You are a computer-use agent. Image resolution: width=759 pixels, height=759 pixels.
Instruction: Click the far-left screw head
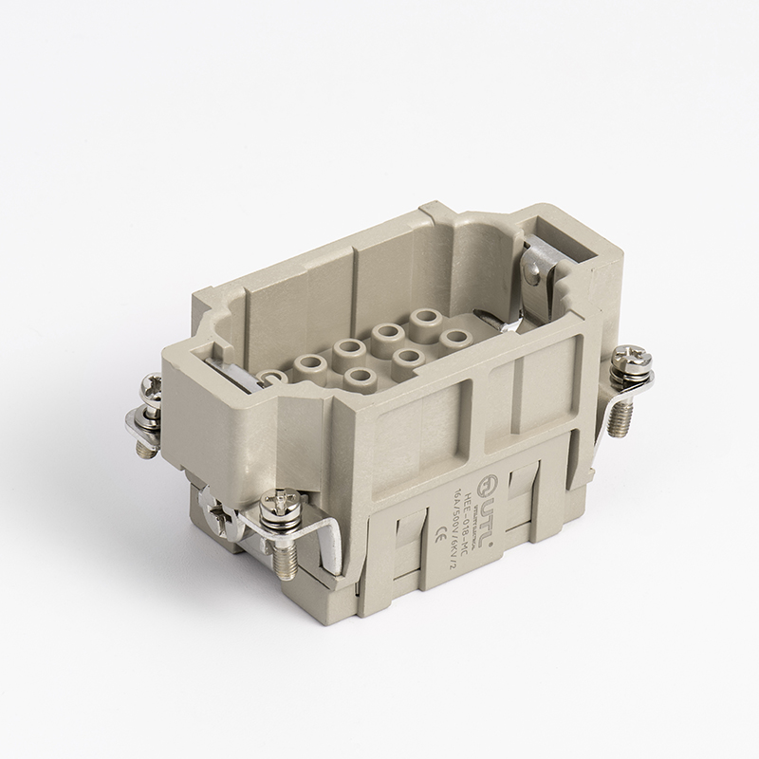(x=151, y=390)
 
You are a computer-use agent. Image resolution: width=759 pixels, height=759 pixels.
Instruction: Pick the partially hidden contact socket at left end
(x=272, y=377)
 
